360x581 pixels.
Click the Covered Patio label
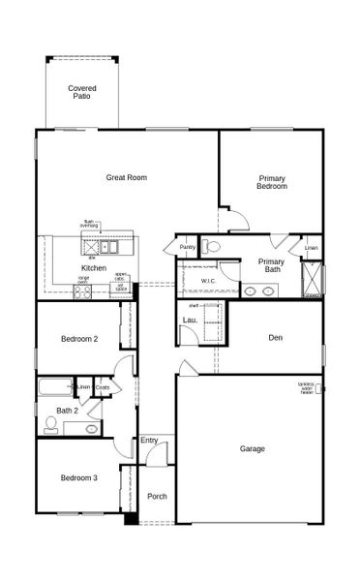82,93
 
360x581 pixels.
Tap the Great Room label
126,177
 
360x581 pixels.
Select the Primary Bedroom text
273,181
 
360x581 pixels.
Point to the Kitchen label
94,267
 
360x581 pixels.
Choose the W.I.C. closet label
208,281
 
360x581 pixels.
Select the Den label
275,338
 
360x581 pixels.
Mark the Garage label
253,448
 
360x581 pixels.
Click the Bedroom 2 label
79,339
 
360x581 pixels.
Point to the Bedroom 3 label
78,478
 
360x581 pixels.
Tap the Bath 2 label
67,411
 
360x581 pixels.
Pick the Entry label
149,442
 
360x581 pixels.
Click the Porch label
157,497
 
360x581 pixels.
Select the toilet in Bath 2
51,424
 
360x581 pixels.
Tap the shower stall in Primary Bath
311,277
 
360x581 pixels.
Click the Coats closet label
102,388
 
